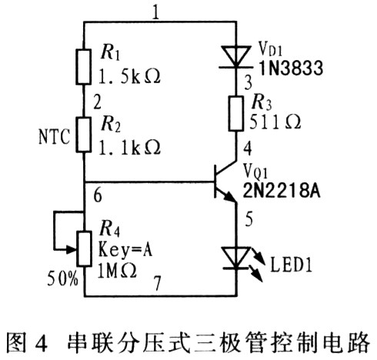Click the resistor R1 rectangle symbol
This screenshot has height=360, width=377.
click(x=83, y=67)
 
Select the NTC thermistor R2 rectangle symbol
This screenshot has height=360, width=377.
click(x=83, y=135)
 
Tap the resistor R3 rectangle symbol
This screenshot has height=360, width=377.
click(x=236, y=114)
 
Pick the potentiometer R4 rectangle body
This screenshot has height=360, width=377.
click(x=85, y=249)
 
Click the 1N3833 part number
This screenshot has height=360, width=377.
click(x=291, y=68)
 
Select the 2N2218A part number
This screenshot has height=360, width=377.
click(x=282, y=191)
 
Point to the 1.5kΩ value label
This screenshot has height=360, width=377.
click(x=129, y=76)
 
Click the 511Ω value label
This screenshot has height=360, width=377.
click(x=275, y=122)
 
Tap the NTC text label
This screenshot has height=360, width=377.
click(x=54, y=137)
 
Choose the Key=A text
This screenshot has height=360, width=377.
click(x=125, y=249)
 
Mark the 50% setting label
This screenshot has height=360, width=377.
click(x=62, y=278)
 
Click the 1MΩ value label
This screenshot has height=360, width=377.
click(x=117, y=272)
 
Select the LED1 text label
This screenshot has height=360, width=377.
click(x=291, y=265)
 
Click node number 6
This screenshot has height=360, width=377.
click(x=98, y=195)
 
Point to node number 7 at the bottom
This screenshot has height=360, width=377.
click(x=157, y=283)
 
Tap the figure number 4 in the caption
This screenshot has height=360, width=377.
click(x=41, y=343)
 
